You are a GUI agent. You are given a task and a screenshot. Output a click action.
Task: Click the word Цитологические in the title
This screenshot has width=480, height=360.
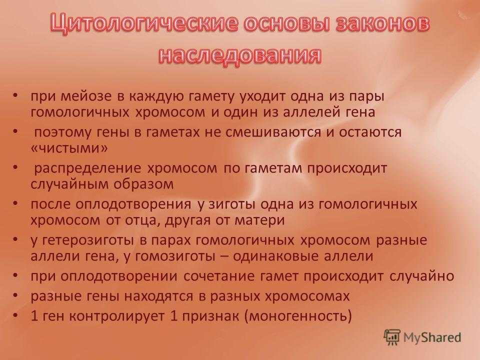pyautogui.click(x=144, y=24)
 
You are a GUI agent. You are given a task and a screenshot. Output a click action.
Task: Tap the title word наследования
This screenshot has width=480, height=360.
pyautogui.click(x=240, y=55)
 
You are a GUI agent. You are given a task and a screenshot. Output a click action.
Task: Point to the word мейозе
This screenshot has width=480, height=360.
pyautogui.click(x=86, y=96)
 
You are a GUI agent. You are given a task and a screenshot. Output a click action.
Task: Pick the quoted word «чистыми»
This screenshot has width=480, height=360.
pyautogui.click(x=69, y=148)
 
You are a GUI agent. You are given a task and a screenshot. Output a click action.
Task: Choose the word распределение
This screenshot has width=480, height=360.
pyautogui.click(x=87, y=168)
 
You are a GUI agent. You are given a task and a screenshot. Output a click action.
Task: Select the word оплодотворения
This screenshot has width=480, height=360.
pyautogui.click(x=133, y=204)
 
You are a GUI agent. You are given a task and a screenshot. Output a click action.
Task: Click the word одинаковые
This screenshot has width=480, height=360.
pyautogui.click(x=275, y=256)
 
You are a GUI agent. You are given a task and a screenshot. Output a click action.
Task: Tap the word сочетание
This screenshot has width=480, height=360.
pyautogui.click(x=219, y=276)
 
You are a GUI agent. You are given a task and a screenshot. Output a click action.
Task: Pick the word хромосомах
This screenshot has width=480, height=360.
pyautogui.click(x=307, y=296)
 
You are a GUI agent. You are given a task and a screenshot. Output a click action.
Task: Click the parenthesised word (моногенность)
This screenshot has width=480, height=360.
pyautogui.click(x=298, y=316)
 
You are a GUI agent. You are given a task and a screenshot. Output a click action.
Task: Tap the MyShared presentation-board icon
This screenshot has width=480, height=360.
pyautogui.click(x=392, y=337)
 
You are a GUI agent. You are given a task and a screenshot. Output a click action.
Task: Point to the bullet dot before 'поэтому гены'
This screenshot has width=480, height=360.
pyautogui.click(x=15, y=131)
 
